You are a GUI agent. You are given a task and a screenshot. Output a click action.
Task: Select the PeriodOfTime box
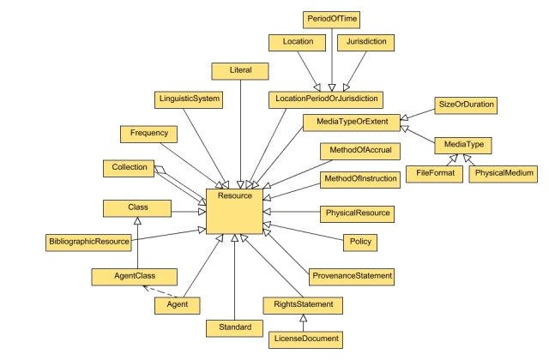pyautogui.click(x=331, y=17)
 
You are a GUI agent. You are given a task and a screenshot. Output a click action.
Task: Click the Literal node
pyautogui.click(x=240, y=70)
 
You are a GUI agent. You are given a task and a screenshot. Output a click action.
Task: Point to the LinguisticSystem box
pyautogui.click(x=189, y=99)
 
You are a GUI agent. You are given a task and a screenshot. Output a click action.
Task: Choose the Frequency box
pyautogui.click(x=149, y=134)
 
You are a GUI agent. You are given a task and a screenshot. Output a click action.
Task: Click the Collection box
pyautogui.click(x=130, y=167)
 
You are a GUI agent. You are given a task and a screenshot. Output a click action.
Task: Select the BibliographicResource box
pyautogui.click(x=88, y=243)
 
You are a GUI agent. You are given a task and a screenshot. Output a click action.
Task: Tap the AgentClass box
pyautogui.click(x=133, y=276)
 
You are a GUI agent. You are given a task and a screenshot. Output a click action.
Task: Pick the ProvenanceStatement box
pyautogui.click(x=352, y=276)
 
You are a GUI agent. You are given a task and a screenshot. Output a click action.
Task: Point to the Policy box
pyautogui.click(x=361, y=243)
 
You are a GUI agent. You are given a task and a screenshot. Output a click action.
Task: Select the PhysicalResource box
pyautogui.click(x=357, y=212)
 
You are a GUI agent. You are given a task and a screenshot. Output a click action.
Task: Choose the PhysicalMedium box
pyautogui.click(x=502, y=174)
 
